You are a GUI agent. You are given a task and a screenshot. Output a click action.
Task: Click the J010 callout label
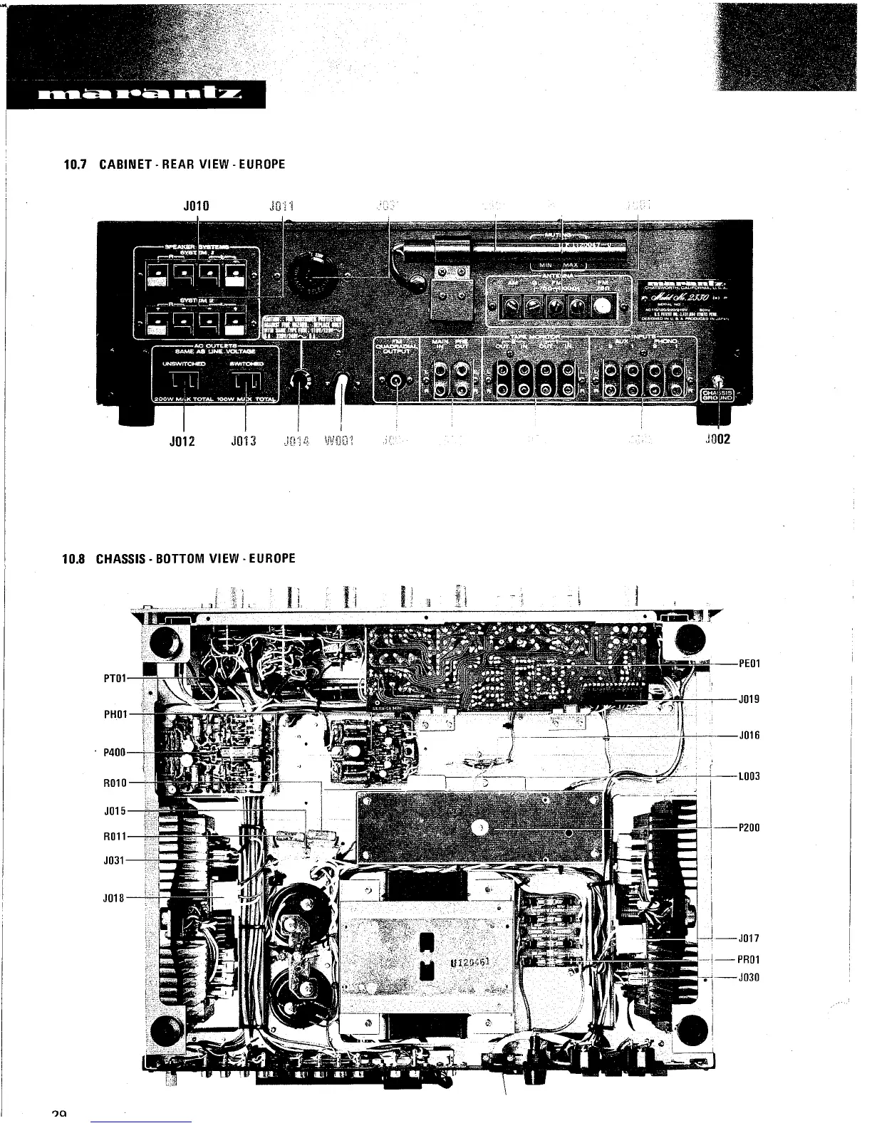(196, 207)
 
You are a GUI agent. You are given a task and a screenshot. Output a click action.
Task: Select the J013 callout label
(244, 440)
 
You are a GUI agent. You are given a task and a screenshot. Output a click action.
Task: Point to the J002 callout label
(717, 439)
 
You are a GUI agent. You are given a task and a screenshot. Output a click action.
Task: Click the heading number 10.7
(74, 164)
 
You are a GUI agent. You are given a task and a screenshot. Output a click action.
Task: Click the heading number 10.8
(74, 558)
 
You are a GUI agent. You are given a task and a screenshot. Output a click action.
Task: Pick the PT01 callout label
(115, 677)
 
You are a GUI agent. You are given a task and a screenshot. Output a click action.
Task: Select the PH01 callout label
(115, 714)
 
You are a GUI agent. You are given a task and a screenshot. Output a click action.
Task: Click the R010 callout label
(115, 783)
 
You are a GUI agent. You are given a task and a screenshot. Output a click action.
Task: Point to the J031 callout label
(115, 860)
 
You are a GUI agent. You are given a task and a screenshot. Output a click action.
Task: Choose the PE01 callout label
(749, 664)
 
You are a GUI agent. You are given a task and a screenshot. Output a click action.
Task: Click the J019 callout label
(749, 699)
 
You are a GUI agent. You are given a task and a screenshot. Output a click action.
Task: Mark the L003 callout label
(749, 775)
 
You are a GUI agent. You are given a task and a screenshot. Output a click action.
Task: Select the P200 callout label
(749, 828)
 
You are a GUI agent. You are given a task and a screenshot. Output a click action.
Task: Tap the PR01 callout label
(749, 959)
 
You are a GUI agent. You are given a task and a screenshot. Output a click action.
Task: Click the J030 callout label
(749, 978)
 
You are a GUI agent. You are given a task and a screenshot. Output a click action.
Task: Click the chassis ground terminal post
(720, 382)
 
